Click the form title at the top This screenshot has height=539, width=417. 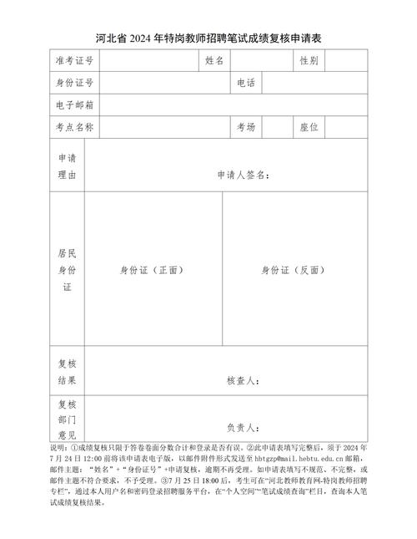click(208, 38)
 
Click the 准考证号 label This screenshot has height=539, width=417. click(74, 61)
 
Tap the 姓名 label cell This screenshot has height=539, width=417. click(214, 61)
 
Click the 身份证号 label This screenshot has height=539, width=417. click(74, 83)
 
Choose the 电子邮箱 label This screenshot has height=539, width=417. click(74, 105)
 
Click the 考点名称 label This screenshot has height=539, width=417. click(74, 127)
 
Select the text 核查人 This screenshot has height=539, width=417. click(243, 381)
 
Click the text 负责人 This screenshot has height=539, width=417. click(243, 426)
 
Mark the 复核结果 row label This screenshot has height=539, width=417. click(67, 372)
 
